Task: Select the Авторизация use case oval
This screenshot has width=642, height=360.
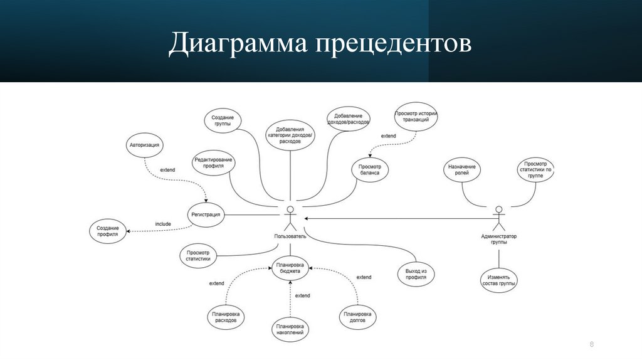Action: [145, 145]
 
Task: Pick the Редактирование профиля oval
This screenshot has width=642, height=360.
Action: [213, 163]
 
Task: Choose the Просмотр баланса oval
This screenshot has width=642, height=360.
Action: [369, 169]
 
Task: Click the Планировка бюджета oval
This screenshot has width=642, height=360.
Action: [292, 268]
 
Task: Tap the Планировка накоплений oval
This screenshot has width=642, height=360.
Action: [290, 330]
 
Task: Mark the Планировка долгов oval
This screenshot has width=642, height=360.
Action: [357, 317]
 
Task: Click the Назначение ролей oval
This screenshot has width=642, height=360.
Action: [462, 171]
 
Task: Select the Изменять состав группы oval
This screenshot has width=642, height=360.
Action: [499, 280]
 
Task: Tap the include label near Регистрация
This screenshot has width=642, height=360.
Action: [163, 224]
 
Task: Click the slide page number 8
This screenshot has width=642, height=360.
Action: [591, 345]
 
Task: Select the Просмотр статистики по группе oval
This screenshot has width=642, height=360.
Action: [535, 170]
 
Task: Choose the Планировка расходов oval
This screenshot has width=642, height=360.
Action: [224, 317]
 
